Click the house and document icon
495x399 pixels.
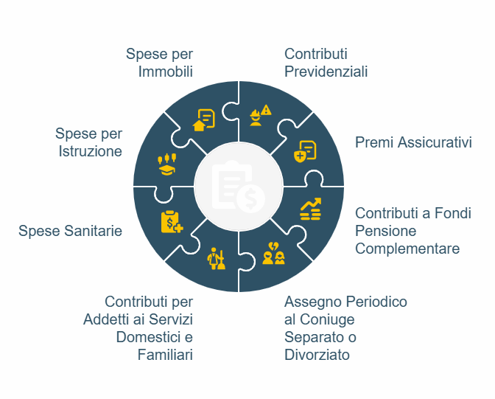pos(203,119)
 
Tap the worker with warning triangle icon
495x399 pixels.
pos(261,115)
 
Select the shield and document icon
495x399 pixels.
pos(305,152)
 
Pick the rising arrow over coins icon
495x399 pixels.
pos(311,209)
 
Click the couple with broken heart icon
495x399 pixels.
pos(273,253)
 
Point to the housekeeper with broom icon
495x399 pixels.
pos(217,258)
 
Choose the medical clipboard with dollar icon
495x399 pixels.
pos(172,222)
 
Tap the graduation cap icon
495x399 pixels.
pos(167,164)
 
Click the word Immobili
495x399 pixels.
pos(166,72)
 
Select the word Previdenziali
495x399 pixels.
pos(326,72)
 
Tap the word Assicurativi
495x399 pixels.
pos(435,142)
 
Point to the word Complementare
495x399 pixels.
pos(407,249)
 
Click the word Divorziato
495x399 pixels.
pos(317,355)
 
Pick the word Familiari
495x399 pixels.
pos(165,355)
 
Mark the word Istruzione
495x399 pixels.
pos(91,151)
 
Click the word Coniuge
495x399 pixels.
pos(327,319)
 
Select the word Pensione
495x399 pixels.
pos(385,231)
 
